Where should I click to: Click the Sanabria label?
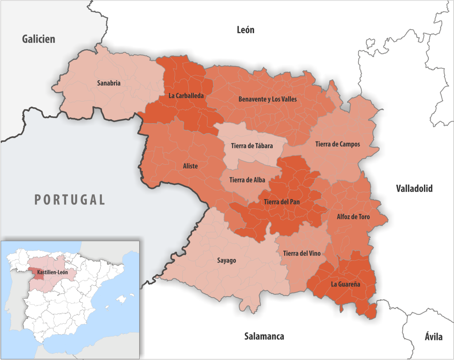[x=109, y=83]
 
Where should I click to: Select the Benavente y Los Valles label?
[x=267, y=99]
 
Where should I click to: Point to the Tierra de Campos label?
[x=337, y=144]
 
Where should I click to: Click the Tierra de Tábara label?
[x=252, y=145]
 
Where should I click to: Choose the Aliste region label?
[x=190, y=166]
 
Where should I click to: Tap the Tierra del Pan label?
[x=282, y=202]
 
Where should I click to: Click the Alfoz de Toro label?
[x=353, y=217]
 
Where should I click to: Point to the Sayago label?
[x=227, y=260]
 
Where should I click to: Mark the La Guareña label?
[x=345, y=284]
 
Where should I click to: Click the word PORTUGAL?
[x=70, y=200]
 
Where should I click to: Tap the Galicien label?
[x=39, y=39]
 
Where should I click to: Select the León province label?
[x=246, y=30]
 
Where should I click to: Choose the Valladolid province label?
[x=414, y=188]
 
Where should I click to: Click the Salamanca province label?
[x=264, y=336]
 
